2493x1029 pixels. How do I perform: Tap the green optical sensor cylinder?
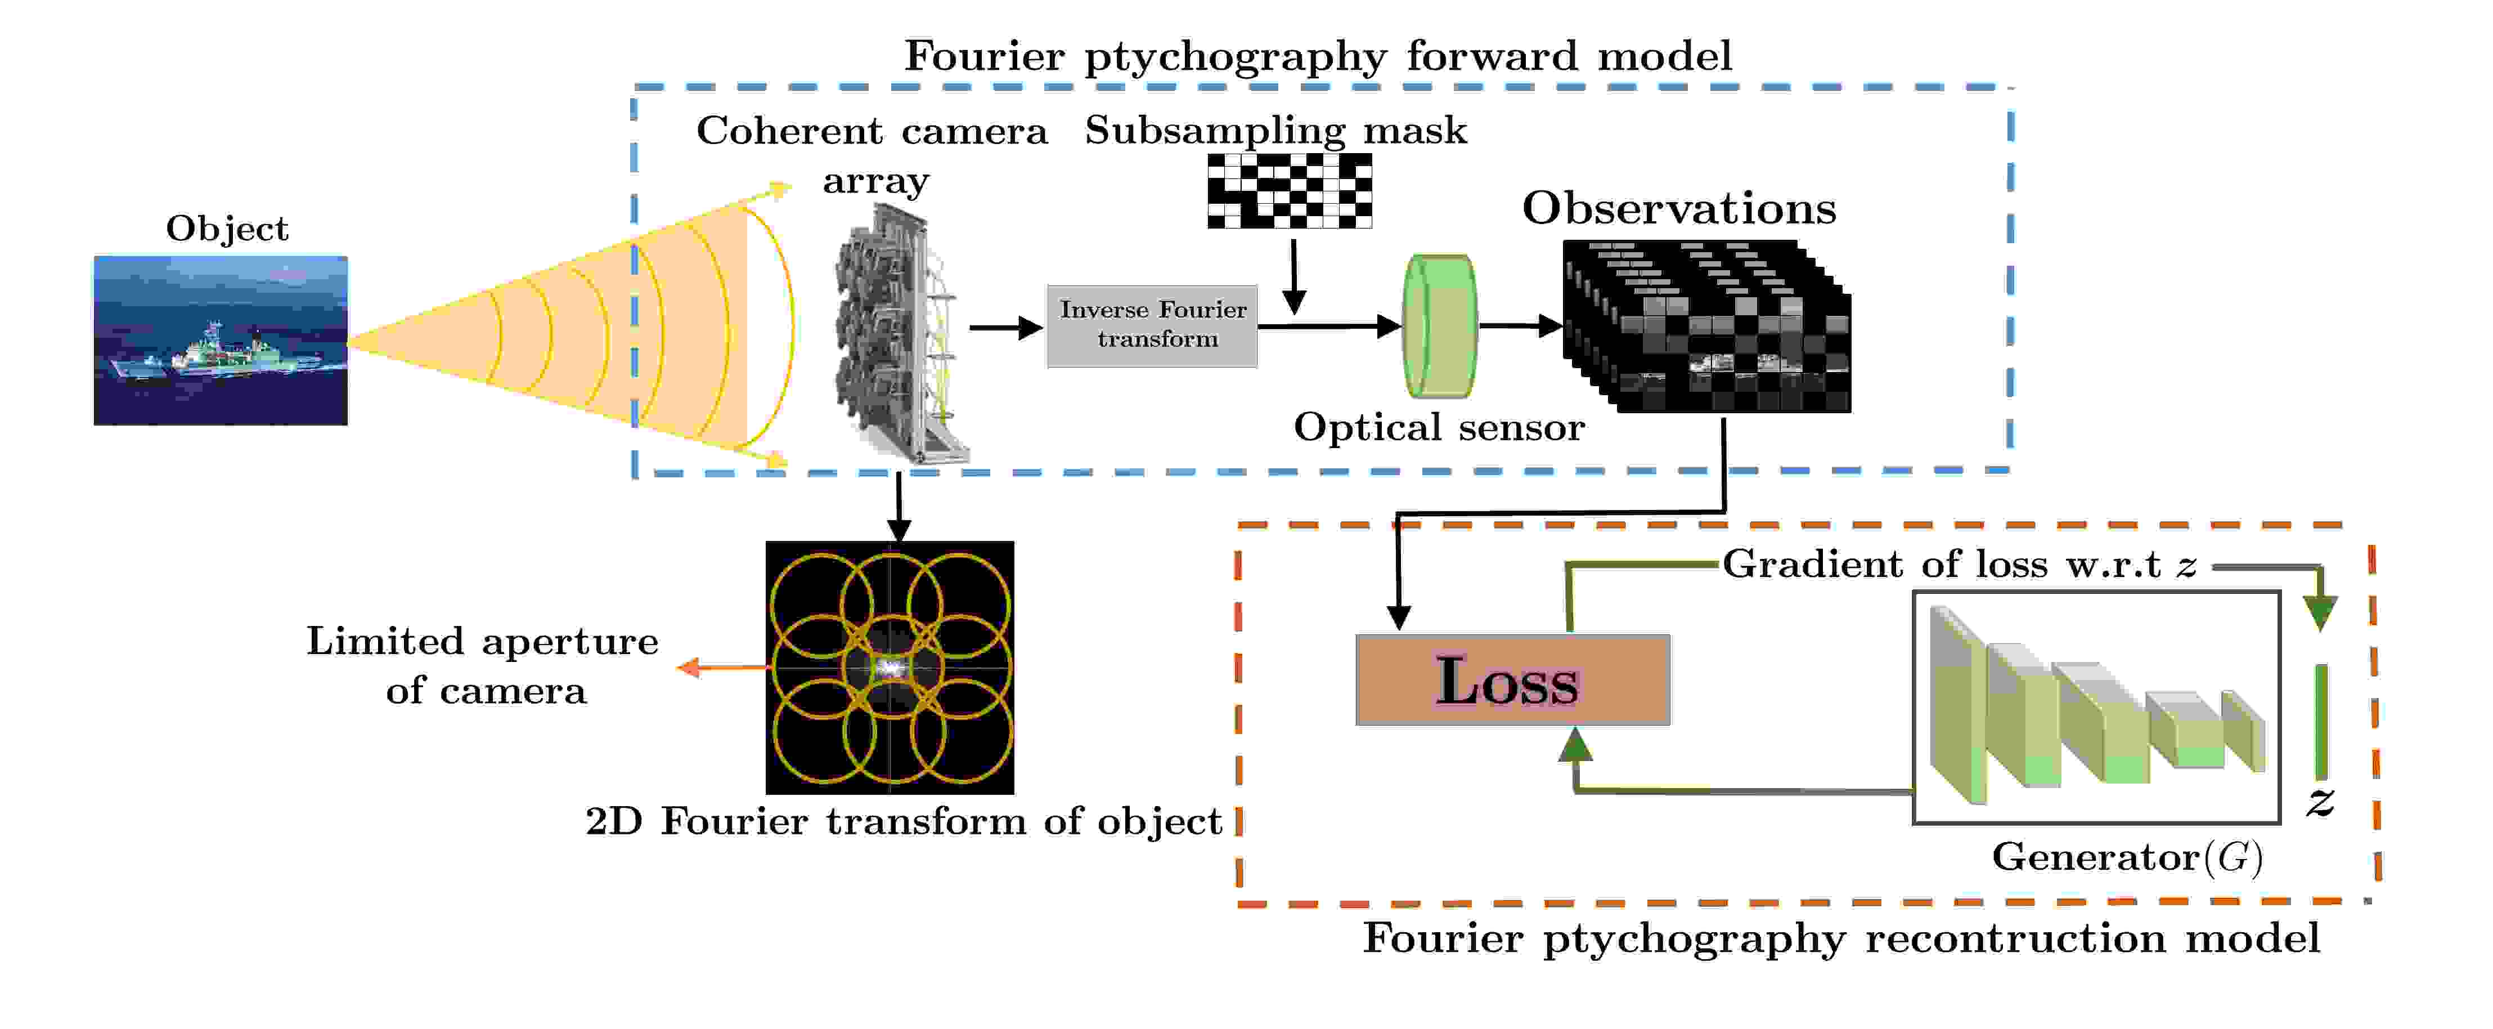(1439, 326)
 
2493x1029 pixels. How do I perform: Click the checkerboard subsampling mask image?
(1289, 191)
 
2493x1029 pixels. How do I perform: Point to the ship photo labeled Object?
(221, 340)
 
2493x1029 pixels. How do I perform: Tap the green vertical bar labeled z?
(2321, 721)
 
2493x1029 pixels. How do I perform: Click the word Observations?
(1679, 208)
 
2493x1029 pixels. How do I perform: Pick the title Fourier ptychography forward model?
(1317, 56)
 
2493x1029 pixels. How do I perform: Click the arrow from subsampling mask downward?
(1294, 276)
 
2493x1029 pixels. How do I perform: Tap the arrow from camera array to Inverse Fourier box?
(1004, 328)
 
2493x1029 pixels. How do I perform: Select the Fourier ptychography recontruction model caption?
(1841, 938)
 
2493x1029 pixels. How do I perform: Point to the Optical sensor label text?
(1439, 427)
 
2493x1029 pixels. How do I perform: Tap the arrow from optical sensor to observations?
(1520, 326)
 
